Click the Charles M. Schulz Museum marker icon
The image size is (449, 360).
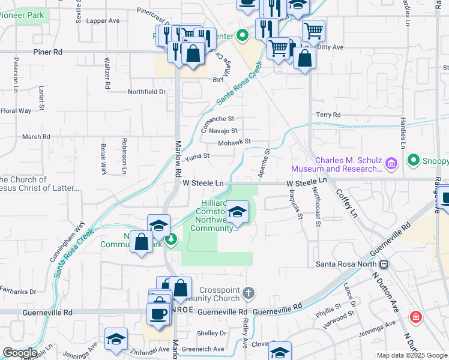pyautogui.click(x=391, y=163)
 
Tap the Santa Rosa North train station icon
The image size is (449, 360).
pyautogui.click(x=383, y=264)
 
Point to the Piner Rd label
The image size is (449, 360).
pyautogui.click(x=48, y=52)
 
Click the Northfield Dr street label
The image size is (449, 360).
pyautogui.click(x=146, y=92)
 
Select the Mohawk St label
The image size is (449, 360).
pyautogui.click(x=234, y=142)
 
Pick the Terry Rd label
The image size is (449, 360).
pyautogui.click(x=328, y=115)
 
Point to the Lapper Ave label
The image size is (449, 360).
pyautogui.click(x=103, y=20)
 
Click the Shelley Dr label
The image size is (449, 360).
pyautogui.click(x=211, y=334)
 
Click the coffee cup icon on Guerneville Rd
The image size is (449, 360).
pyautogui.click(x=159, y=314)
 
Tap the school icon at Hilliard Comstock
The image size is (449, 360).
pyautogui.click(x=238, y=211)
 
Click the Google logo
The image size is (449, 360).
pyautogui.click(x=20, y=353)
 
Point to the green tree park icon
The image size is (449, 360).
pyautogui.click(x=171, y=240)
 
